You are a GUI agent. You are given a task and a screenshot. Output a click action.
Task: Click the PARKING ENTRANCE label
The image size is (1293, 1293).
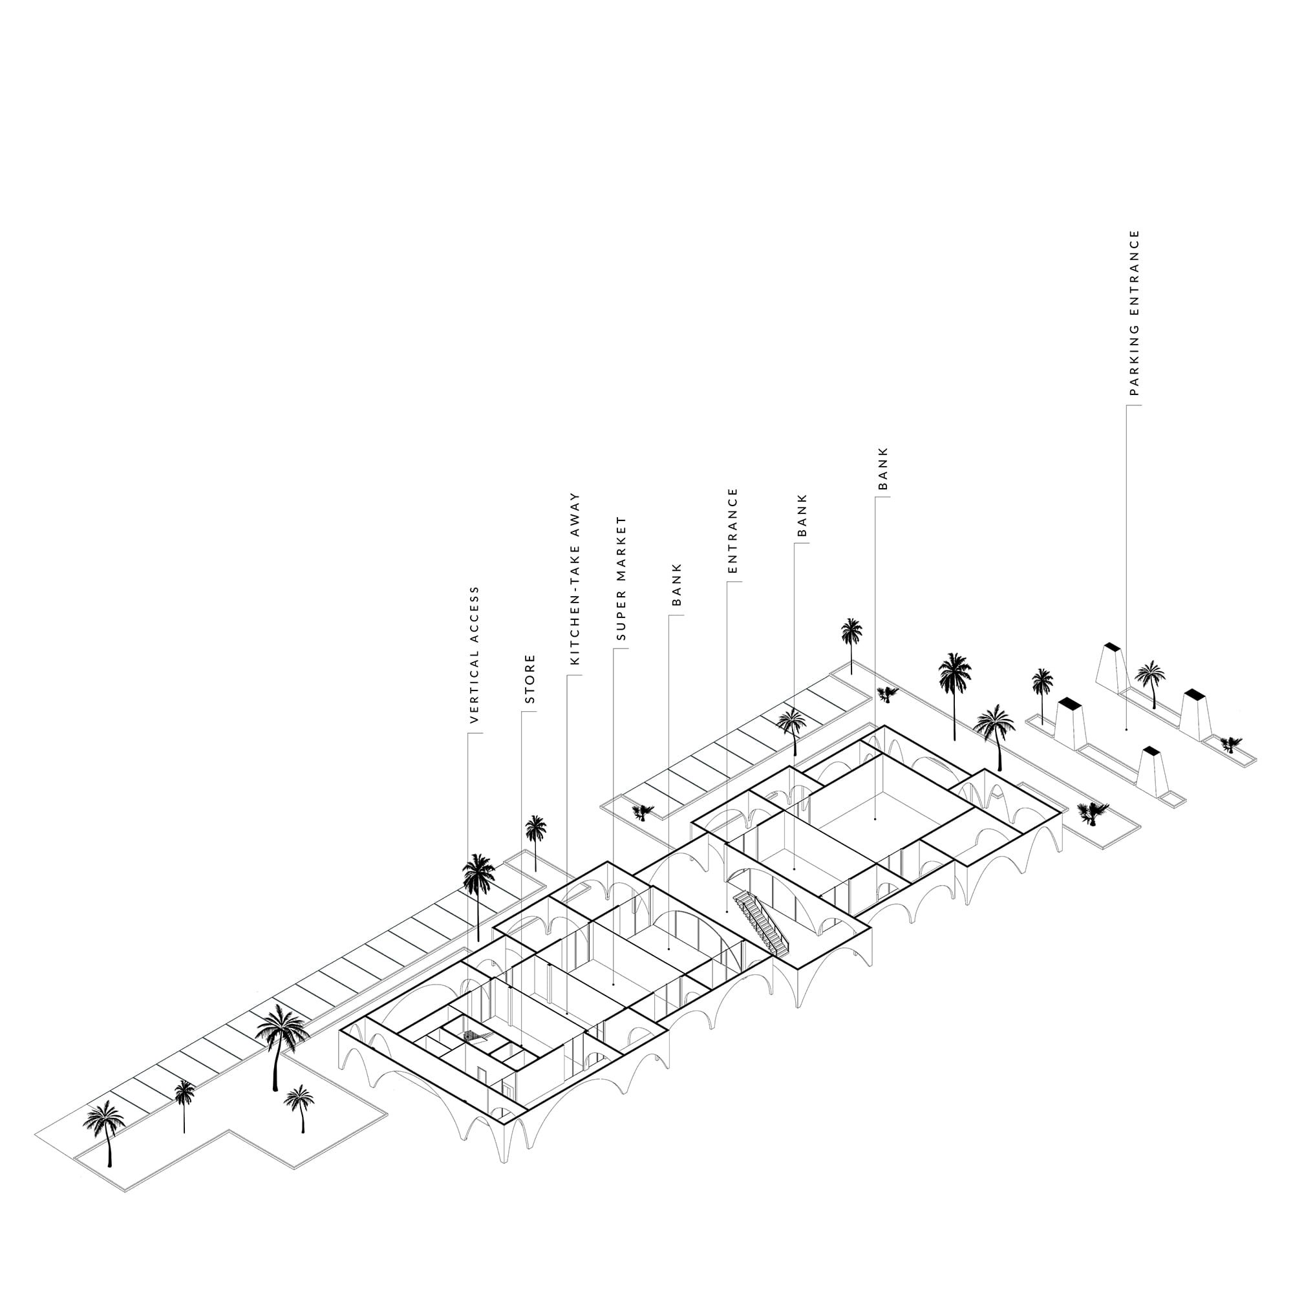coord(1134,312)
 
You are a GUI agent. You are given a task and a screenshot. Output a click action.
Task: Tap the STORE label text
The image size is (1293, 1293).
coord(530,679)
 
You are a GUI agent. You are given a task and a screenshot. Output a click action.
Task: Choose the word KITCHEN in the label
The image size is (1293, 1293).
coord(574,629)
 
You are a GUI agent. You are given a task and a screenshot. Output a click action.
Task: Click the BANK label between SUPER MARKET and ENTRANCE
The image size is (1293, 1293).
coord(677,585)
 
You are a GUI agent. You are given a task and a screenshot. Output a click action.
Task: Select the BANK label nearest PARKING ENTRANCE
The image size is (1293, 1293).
coord(882,469)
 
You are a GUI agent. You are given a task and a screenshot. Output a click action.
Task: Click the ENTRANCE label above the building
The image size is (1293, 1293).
coord(732,531)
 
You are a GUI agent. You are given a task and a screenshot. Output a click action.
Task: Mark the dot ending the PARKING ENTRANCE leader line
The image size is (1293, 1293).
coord(1126,729)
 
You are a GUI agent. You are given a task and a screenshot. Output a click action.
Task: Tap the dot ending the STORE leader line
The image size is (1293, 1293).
coord(522,1045)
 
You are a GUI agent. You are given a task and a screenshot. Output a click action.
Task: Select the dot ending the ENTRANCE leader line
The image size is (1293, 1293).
coord(727,911)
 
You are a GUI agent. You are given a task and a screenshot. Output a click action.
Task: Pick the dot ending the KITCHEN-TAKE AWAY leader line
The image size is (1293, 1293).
coord(568,1013)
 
